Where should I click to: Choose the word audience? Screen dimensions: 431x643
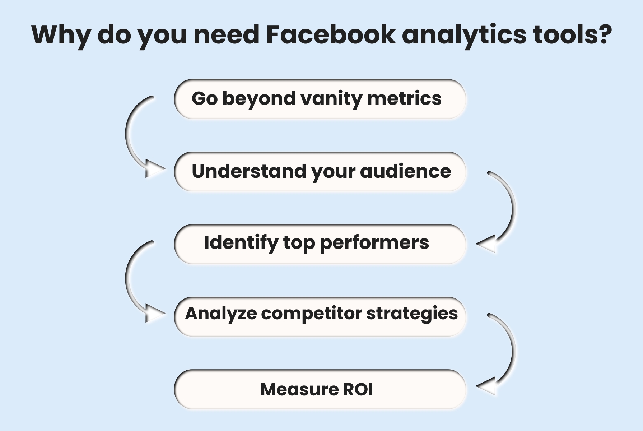[x=405, y=171]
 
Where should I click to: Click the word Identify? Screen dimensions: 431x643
[x=241, y=242]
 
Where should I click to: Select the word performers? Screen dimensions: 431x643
[x=374, y=243]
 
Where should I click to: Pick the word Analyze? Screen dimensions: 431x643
[x=221, y=314]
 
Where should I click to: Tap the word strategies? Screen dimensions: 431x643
[x=412, y=314]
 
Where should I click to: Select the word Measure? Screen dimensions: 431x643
[x=299, y=389]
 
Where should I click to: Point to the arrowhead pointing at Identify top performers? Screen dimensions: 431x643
[x=487, y=244]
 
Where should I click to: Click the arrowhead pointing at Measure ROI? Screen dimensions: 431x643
[x=487, y=386]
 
